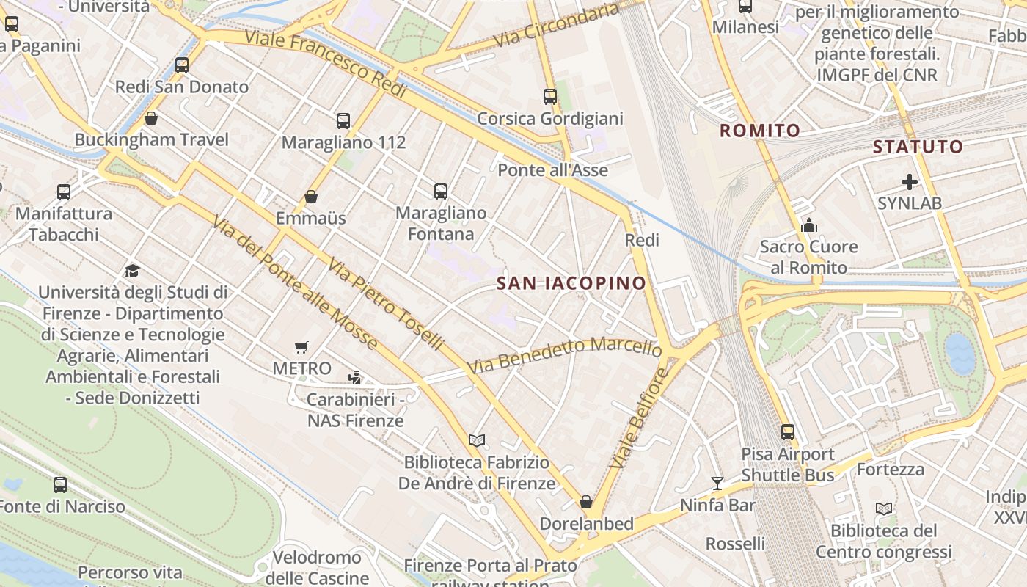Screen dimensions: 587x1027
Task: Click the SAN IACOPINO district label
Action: tap(571, 283)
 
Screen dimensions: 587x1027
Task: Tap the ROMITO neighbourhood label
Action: tap(760, 131)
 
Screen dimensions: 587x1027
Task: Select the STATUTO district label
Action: tap(918, 147)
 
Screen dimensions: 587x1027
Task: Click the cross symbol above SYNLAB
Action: tap(910, 182)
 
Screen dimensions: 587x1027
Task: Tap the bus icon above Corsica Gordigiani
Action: tap(550, 96)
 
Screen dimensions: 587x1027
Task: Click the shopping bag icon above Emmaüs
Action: tap(311, 197)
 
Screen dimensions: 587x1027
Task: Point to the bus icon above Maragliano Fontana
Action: tap(441, 192)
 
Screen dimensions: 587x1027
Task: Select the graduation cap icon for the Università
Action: tap(132, 271)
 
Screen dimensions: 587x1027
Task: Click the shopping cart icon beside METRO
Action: tap(301, 347)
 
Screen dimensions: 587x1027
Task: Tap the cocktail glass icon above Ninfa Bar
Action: tap(717, 484)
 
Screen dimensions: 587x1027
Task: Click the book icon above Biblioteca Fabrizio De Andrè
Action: tap(477, 440)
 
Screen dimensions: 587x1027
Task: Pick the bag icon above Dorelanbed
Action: tap(586, 502)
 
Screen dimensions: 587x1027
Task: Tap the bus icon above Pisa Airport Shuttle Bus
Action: tap(788, 432)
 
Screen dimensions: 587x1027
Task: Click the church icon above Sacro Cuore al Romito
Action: tap(809, 225)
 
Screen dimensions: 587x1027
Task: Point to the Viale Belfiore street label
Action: tap(638, 419)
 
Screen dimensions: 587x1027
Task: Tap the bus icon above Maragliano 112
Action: tap(343, 121)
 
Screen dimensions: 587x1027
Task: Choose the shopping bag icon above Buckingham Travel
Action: tap(151, 118)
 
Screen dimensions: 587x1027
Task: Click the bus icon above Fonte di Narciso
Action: tap(60, 485)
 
